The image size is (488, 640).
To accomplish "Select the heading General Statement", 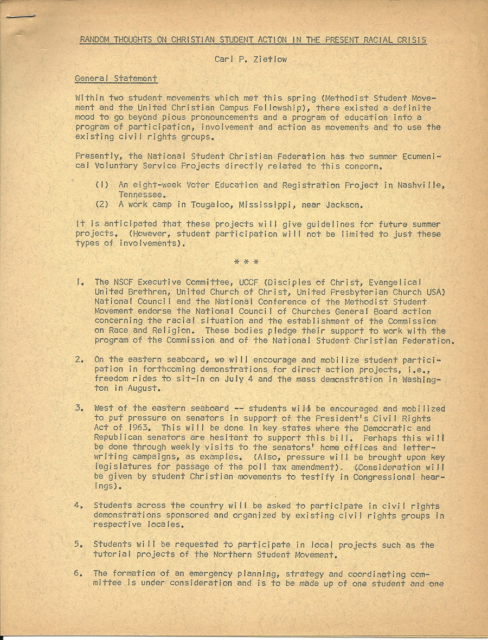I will [x=116, y=79].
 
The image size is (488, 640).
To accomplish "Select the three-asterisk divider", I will [x=246, y=262].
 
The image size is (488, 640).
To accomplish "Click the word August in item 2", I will [x=144, y=388].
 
